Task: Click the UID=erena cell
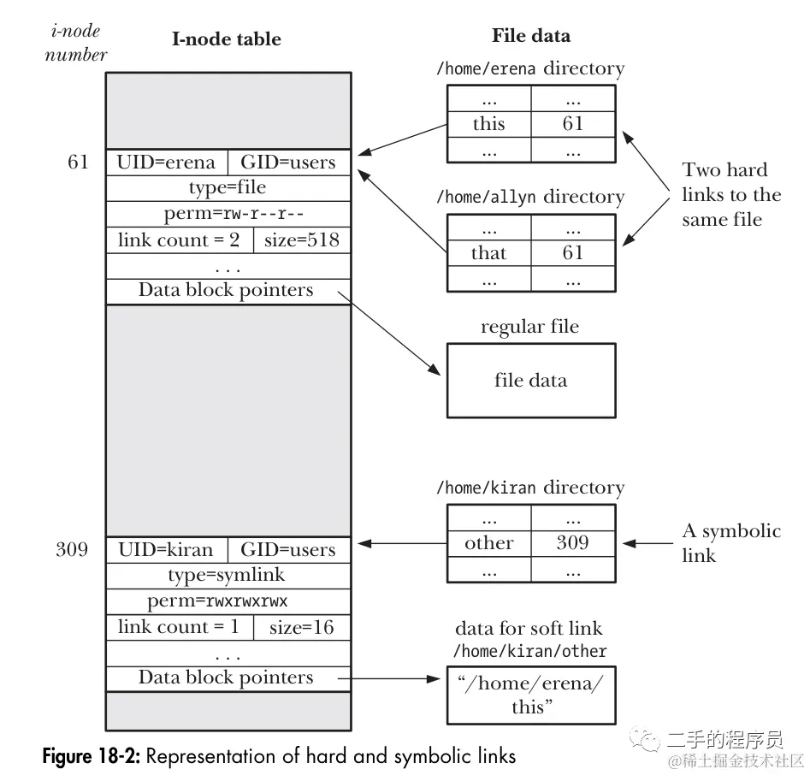click(x=167, y=162)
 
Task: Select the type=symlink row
click(x=228, y=575)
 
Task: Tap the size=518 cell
click(x=302, y=240)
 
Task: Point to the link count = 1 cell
click(x=179, y=627)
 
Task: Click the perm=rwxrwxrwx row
click(x=228, y=600)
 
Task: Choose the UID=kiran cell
click(x=167, y=549)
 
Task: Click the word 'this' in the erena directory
click(x=488, y=123)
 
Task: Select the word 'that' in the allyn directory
click(x=488, y=252)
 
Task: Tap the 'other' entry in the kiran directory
click(x=488, y=542)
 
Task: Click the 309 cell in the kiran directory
click(x=572, y=542)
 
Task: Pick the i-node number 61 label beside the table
click(x=78, y=162)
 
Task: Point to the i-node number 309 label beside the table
click(x=72, y=549)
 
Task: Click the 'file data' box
click(x=530, y=380)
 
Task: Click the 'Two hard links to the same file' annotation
click(x=731, y=194)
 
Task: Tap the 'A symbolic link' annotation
click(x=730, y=542)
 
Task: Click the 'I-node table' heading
click(x=227, y=38)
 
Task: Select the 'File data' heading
click(x=530, y=36)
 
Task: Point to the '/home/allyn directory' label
click(x=530, y=197)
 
